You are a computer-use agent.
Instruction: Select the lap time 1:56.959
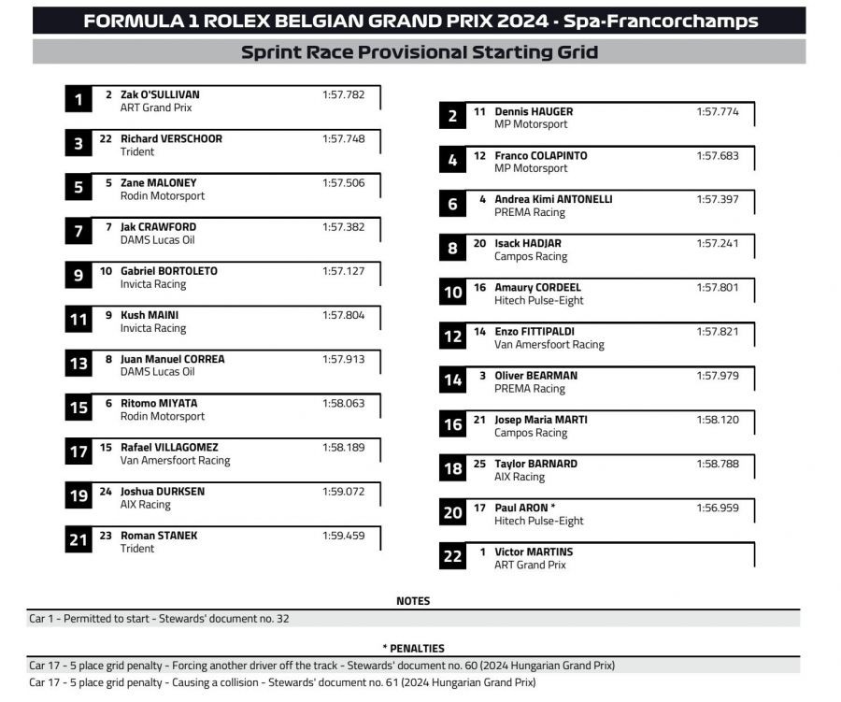(717, 508)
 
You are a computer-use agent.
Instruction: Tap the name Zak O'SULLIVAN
(160, 94)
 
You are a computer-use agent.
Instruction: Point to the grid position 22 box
(452, 557)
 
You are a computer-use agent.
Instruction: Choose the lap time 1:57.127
(343, 271)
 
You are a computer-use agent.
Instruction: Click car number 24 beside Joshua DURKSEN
(106, 491)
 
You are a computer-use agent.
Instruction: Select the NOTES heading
(413, 601)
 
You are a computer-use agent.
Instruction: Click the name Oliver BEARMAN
(535, 376)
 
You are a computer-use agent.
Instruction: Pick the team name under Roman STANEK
(137, 549)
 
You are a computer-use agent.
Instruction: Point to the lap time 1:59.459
(343, 536)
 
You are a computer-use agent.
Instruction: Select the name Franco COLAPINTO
(541, 155)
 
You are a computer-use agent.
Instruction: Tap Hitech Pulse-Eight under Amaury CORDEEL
(538, 301)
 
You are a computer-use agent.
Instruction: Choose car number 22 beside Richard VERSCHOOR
(106, 138)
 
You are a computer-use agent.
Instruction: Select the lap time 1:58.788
(717, 464)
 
